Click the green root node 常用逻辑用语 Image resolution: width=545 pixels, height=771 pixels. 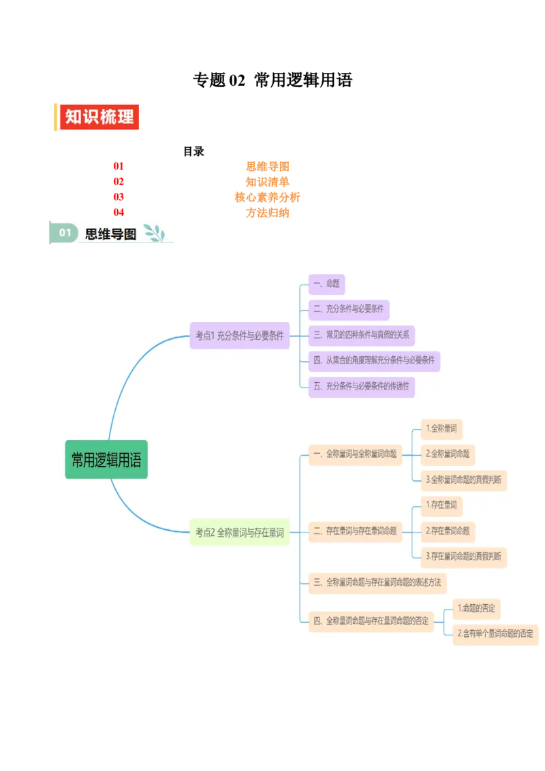(x=106, y=460)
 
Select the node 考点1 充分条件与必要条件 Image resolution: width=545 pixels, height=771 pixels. (x=240, y=335)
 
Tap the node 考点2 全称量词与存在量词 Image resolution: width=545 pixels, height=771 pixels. (x=240, y=533)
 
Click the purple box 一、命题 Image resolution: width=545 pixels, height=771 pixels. (x=326, y=284)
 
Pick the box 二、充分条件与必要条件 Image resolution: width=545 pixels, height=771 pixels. (x=349, y=309)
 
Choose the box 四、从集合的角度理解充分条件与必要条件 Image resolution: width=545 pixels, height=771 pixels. (x=374, y=360)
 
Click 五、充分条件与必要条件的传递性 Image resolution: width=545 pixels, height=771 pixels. (x=361, y=386)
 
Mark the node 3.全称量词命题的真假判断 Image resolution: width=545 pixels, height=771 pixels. (x=464, y=479)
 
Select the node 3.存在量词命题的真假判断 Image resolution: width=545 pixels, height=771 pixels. (x=464, y=556)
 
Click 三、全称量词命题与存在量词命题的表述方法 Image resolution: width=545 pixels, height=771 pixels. (x=377, y=582)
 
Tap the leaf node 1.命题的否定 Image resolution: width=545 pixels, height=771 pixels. (x=478, y=608)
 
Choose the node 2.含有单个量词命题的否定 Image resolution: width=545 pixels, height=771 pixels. (x=495, y=633)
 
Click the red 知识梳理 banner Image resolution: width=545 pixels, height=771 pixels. (x=99, y=116)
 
